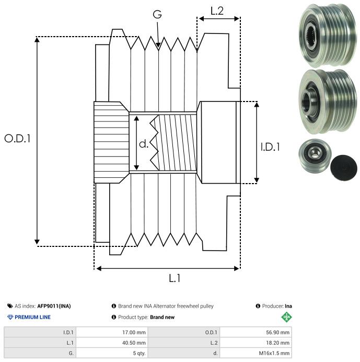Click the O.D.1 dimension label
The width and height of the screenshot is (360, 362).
click(x=18, y=139)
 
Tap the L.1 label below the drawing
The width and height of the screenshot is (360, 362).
click(x=174, y=278)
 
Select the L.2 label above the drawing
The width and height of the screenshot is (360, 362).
click(x=217, y=10)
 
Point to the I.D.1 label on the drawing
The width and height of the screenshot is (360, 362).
click(x=270, y=147)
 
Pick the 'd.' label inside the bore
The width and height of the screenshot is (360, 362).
click(x=144, y=144)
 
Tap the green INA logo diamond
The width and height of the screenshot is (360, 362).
click(x=286, y=317)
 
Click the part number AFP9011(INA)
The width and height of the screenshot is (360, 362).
click(x=54, y=306)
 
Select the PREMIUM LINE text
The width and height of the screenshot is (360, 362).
click(x=32, y=317)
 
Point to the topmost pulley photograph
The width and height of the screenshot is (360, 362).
click(x=326, y=31)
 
